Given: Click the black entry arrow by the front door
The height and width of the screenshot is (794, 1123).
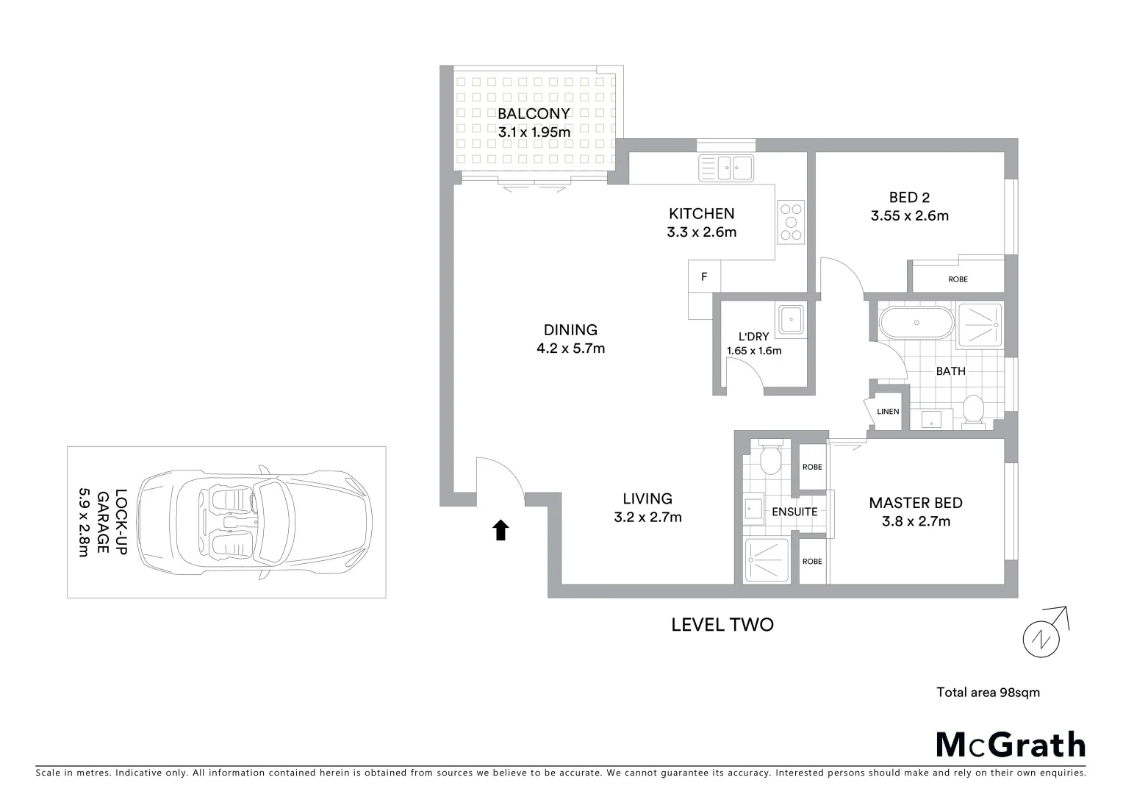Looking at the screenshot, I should [500, 529].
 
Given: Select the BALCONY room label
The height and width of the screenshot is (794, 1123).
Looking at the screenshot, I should [534, 114].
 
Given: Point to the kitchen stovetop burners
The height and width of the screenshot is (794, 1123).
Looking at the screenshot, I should [791, 221].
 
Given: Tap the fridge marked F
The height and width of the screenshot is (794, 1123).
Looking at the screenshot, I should [704, 277].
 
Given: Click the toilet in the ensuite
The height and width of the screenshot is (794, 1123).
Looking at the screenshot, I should [769, 459].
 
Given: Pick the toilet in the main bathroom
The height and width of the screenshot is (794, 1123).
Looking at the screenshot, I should [973, 409].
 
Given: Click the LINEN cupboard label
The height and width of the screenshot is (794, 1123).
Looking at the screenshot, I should [888, 412].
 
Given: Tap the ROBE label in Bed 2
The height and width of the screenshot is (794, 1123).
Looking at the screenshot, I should [958, 279].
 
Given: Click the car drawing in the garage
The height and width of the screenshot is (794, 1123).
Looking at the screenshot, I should [254, 523].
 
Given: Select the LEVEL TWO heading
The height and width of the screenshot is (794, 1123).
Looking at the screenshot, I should [722, 625].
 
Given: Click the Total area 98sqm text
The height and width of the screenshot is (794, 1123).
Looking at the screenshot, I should [988, 692].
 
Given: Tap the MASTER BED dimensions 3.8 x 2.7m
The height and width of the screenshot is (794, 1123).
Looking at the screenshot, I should [916, 521].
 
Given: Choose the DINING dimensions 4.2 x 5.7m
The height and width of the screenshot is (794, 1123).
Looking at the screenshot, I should [570, 348].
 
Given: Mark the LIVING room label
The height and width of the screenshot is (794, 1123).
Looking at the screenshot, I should [647, 498].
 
